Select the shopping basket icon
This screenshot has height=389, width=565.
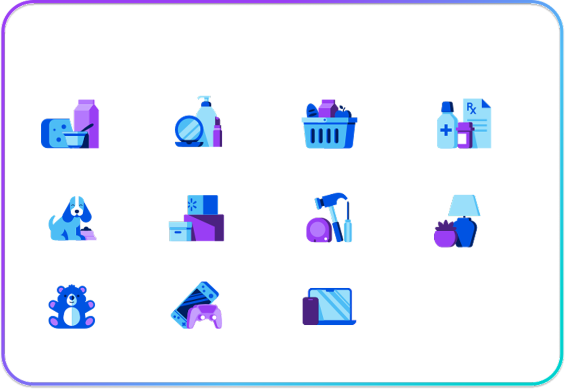(x=329, y=131)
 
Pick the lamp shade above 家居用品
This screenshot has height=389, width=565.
(x=464, y=205)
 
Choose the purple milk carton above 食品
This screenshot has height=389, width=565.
(x=85, y=120)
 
